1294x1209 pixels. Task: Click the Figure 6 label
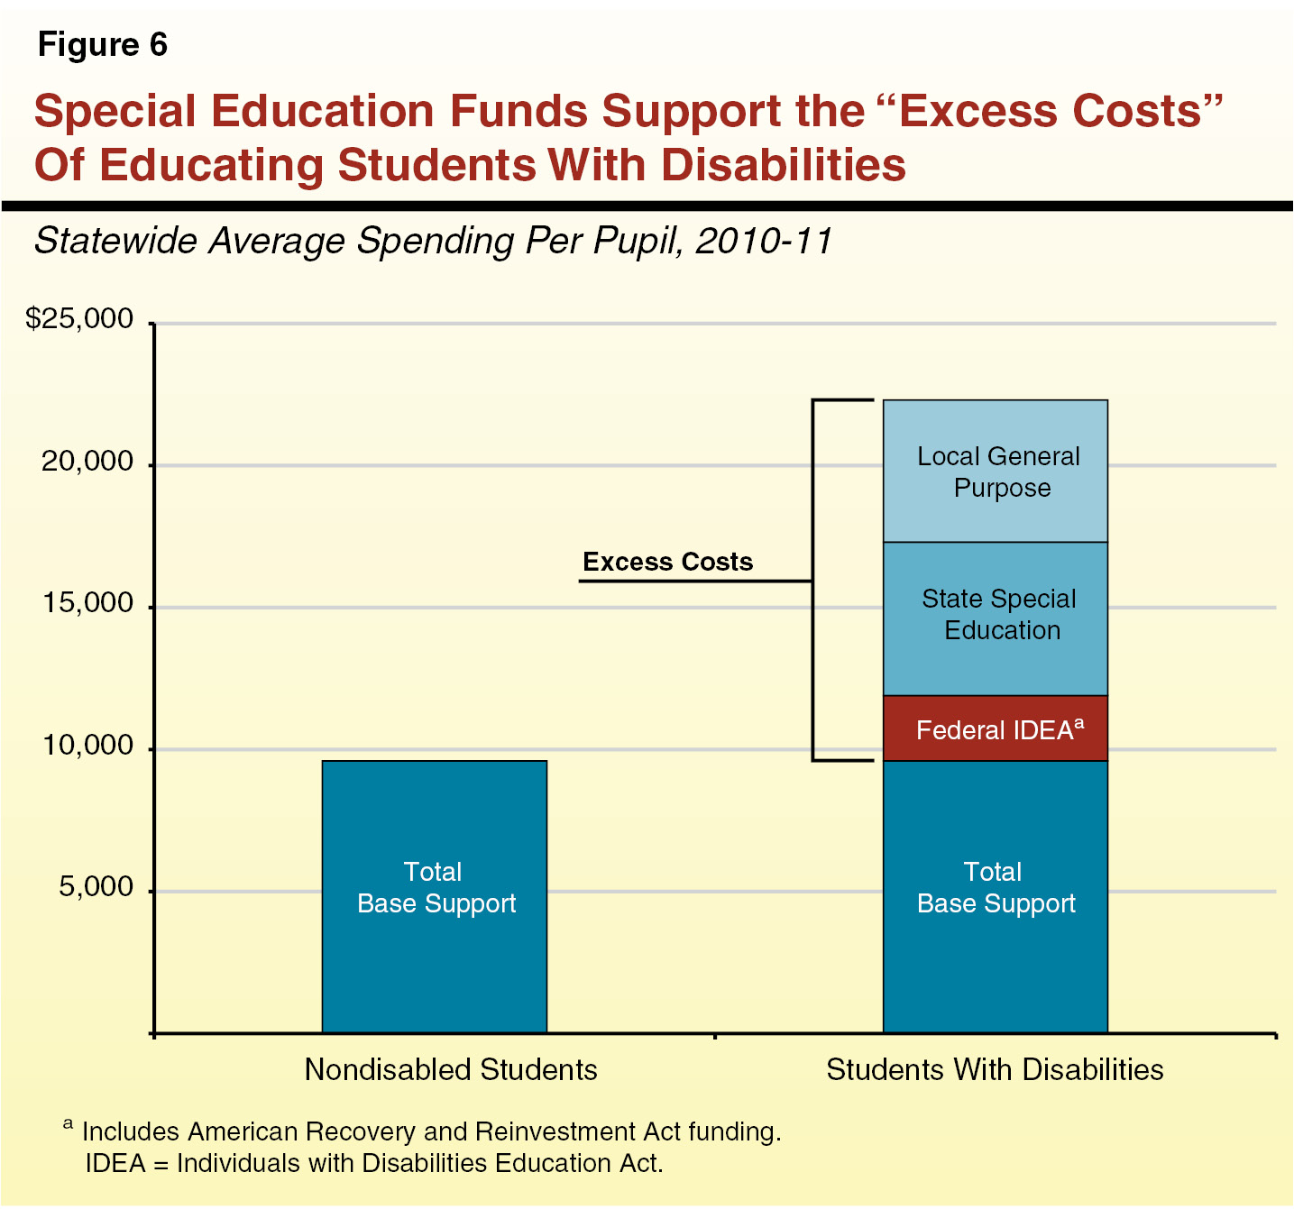click(103, 45)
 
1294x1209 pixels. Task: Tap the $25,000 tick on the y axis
click(79, 319)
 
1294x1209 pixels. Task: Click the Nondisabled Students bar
click(435, 896)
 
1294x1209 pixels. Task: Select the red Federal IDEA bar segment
click(995, 728)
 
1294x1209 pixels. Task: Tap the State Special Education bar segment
click(995, 618)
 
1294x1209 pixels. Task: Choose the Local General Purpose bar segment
click(995, 472)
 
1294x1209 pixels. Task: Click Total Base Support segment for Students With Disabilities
click(995, 896)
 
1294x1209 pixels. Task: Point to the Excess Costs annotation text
click(667, 562)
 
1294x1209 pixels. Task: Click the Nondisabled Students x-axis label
click(451, 1069)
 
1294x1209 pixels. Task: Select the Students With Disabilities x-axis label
click(995, 1069)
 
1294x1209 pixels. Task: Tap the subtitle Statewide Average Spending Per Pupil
click(433, 241)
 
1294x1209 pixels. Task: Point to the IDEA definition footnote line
click(374, 1163)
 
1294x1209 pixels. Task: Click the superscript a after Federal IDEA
click(1079, 722)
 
